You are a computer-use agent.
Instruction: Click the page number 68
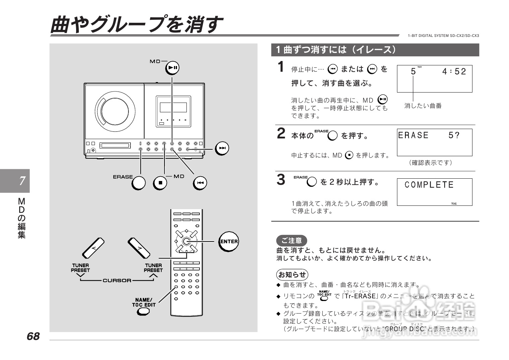pyautogui.click(x=33, y=336)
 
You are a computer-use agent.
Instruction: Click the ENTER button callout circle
pyautogui.click(x=229, y=241)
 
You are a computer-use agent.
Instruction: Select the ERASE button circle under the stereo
pyautogui.click(x=138, y=183)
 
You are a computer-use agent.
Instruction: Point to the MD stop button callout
pyautogui.click(x=160, y=183)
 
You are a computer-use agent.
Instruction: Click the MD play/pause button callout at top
pyautogui.click(x=173, y=68)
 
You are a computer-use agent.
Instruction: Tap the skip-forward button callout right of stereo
pyautogui.click(x=222, y=148)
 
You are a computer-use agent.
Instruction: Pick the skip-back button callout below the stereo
pyautogui.click(x=200, y=183)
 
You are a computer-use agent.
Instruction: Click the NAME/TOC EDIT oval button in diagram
pyautogui.click(x=144, y=311)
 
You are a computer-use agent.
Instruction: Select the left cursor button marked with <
pyautogui.click(x=94, y=248)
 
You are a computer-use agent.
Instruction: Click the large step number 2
pyautogui.click(x=281, y=133)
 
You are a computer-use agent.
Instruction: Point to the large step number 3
pyautogui.click(x=281, y=180)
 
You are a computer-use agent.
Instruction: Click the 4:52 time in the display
pyautogui.click(x=454, y=71)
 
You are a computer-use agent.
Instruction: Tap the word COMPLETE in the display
pyautogui.click(x=429, y=185)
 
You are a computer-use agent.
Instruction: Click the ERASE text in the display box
pyautogui.click(x=413, y=135)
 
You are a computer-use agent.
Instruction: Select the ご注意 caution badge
pyautogui.click(x=291, y=240)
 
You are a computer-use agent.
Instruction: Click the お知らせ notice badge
pyautogui.click(x=292, y=275)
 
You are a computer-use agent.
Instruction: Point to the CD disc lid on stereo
pyautogui.click(x=115, y=111)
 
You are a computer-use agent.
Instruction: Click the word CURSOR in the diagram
pyautogui.click(x=117, y=280)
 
